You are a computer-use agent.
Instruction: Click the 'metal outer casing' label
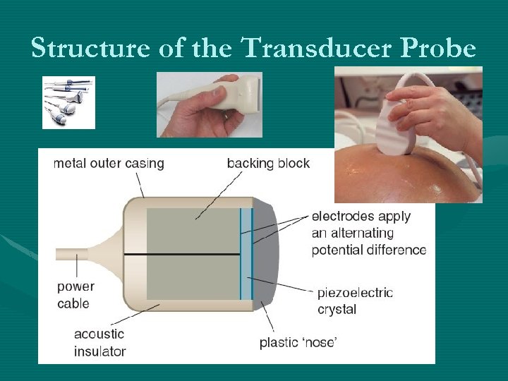pos(109,164)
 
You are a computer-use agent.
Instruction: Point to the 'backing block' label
pos(268,164)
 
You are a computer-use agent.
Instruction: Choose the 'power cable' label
pos(75,296)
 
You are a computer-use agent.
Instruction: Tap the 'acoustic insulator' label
pos(99,342)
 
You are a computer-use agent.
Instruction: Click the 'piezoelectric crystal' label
pos(355,301)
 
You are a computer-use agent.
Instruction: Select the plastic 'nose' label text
pos(298,343)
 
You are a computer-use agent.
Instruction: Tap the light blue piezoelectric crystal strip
pos(246,254)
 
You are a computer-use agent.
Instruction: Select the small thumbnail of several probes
pos(68,102)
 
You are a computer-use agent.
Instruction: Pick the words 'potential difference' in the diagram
pos(368,250)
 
